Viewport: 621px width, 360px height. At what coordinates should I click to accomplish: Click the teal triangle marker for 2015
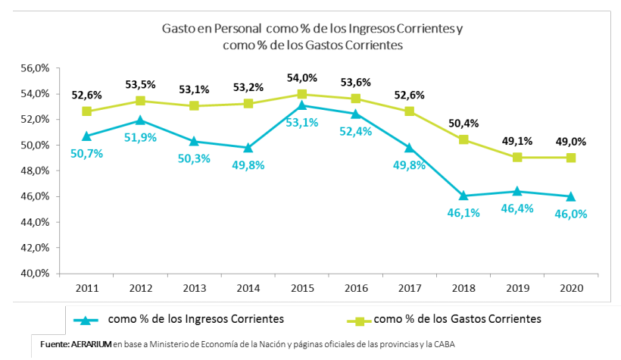302,105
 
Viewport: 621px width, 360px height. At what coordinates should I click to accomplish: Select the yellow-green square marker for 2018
463,139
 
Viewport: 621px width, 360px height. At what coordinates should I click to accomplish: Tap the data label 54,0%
302,78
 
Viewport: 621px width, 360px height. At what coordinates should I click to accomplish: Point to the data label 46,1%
463,212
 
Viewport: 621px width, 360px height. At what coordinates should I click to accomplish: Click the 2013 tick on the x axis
195,288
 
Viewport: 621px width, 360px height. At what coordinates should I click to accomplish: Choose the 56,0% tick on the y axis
35,68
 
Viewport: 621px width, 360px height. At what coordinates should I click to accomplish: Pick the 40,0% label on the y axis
35,273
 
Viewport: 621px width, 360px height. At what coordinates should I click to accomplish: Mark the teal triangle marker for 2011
87,136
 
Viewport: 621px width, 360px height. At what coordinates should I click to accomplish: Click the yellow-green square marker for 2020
570,158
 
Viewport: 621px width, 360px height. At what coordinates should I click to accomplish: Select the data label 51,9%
141,136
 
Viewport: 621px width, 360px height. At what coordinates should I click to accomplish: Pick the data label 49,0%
571,140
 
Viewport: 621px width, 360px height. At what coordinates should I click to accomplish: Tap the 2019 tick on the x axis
517,288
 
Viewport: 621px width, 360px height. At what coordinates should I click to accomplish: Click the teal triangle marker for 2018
463,196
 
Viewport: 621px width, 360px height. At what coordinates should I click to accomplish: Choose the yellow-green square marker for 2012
141,101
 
